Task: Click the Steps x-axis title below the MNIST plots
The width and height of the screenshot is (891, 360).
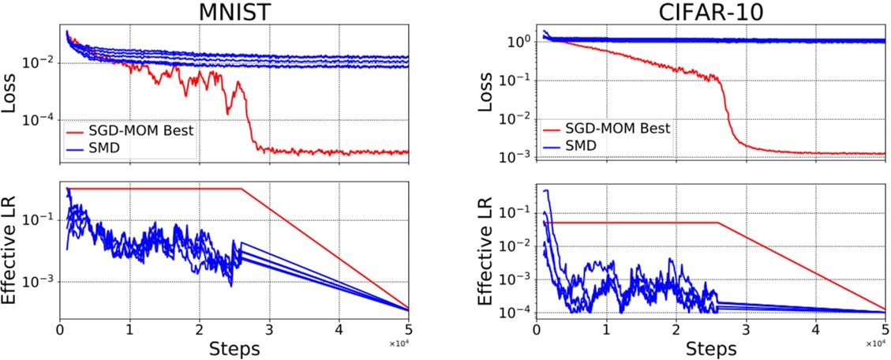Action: point(234,348)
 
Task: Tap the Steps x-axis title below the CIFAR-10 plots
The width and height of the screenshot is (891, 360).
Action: point(711,348)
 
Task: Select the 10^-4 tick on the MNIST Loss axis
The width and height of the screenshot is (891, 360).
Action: point(42,119)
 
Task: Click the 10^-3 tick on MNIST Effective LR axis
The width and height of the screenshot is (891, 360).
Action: point(42,282)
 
